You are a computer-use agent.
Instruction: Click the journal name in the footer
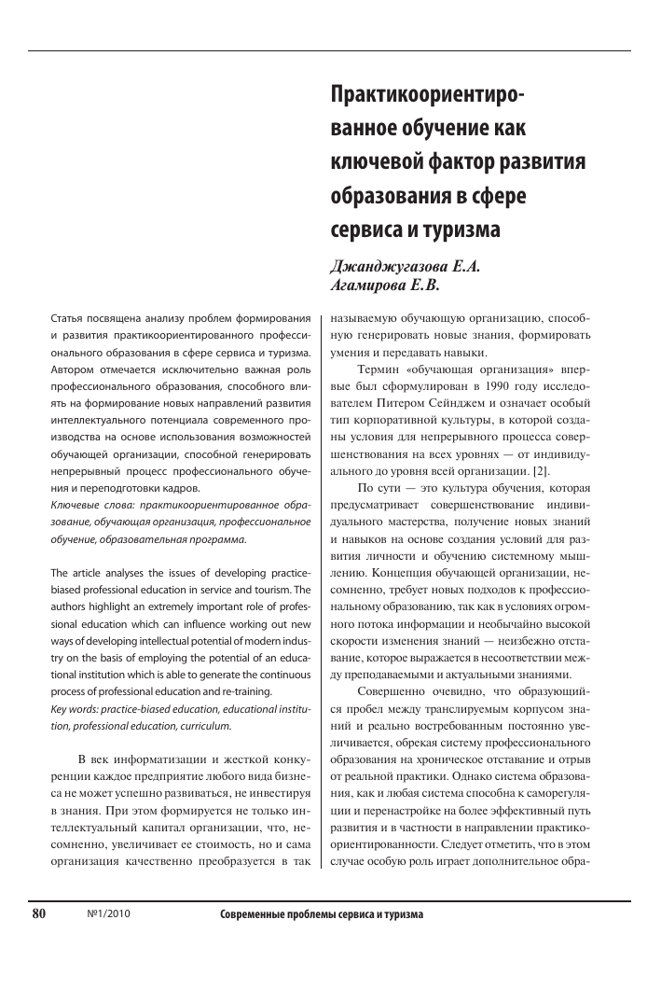point(322,914)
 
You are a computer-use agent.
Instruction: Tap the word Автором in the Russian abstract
point(74,369)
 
